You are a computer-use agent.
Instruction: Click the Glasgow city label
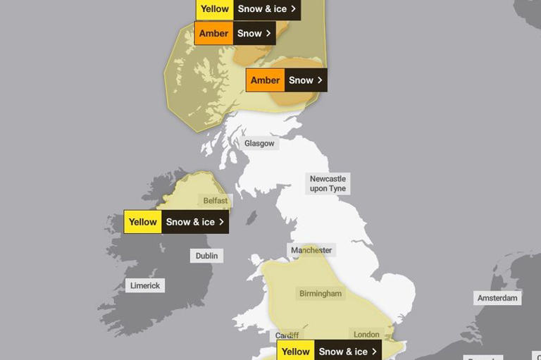click(x=259, y=143)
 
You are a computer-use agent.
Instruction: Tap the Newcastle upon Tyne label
click(x=328, y=184)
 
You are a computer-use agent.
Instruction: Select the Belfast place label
click(x=216, y=201)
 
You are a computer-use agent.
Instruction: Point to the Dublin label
click(x=206, y=256)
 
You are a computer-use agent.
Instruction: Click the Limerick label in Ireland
click(x=146, y=285)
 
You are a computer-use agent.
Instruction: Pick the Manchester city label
click(x=312, y=250)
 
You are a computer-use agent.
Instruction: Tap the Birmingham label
click(x=321, y=293)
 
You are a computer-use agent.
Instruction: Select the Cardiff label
click(x=287, y=335)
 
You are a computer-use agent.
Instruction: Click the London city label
click(x=366, y=335)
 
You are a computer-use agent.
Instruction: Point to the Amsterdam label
click(x=497, y=298)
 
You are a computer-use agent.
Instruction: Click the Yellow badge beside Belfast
click(x=143, y=222)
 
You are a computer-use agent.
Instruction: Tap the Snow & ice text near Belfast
click(x=190, y=222)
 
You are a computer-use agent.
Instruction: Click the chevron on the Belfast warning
click(x=221, y=222)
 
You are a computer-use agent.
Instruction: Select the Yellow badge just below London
click(x=296, y=352)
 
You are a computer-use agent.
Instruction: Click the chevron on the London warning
click(x=374, y=352)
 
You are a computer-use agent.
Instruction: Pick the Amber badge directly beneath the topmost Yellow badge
click(x=213, y=33)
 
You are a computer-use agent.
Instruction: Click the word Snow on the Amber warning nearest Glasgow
click(x=301, y=80)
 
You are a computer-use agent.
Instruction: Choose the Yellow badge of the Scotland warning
click(x=214, y=8)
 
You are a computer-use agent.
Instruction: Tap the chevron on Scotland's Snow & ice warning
click(x=293, y=8)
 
